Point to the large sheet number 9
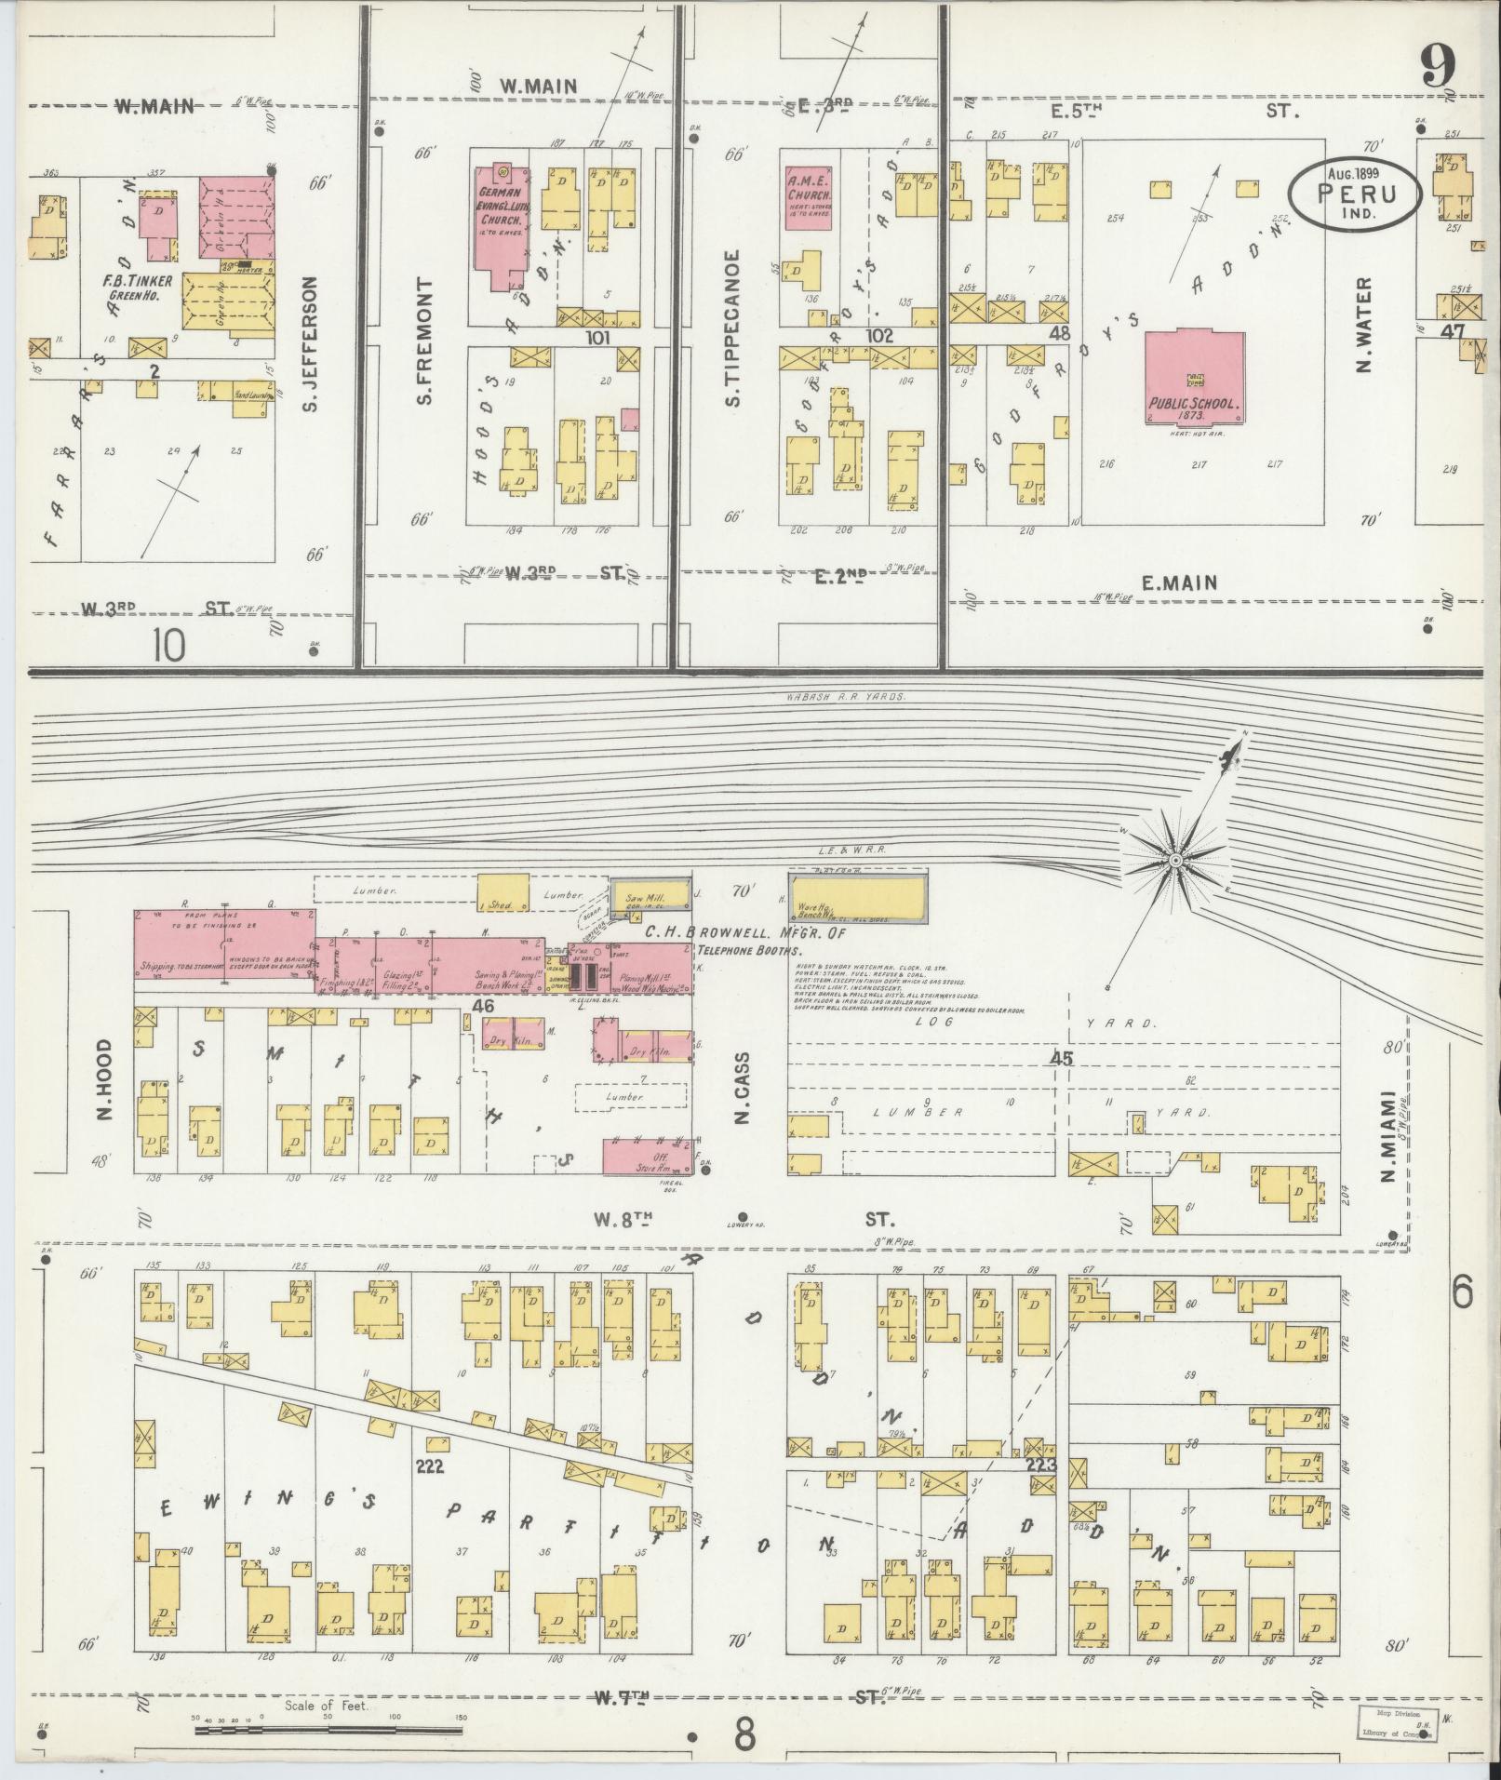(1439, 67)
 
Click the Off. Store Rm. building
(642, 1157)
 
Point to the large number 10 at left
(171, 645)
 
